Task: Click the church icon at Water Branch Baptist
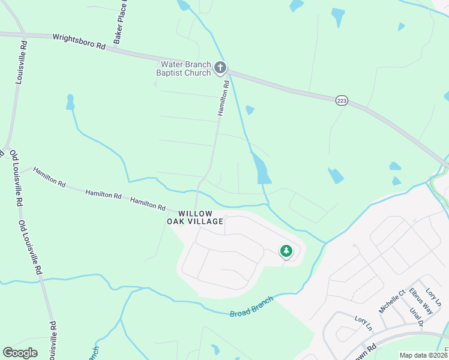[220, 68]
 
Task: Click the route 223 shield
[342, 101]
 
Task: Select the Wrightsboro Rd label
[79, 41]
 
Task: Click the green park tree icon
[286, 251]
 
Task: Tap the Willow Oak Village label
[195, 217]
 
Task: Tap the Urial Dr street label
[417, 316]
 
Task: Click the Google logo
[20, 352]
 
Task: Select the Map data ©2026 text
[423, 355]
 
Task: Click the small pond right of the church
[250, 110]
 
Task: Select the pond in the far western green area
[70, 103]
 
